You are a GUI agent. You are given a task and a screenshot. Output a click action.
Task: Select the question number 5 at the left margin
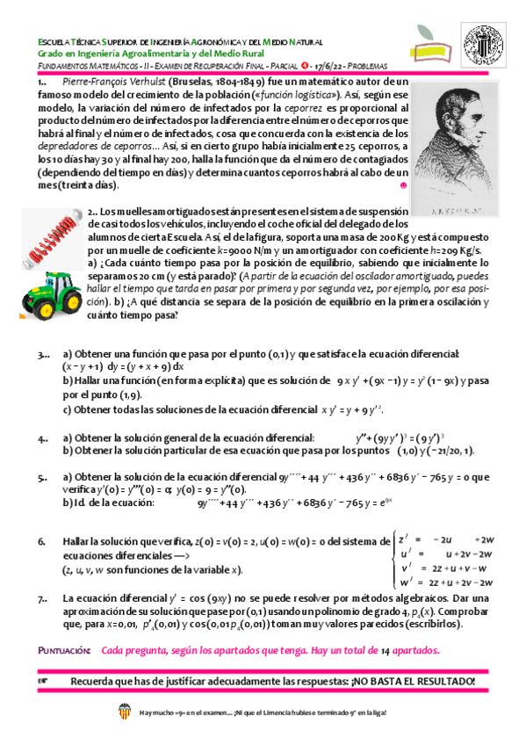tap(43, 478)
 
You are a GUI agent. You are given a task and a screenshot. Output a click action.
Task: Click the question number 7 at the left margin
tap(43, 599)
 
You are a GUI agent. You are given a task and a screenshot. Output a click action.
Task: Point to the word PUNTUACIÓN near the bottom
tap(64, 651)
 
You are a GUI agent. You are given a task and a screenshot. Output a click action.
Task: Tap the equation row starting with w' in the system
tap(448, 582)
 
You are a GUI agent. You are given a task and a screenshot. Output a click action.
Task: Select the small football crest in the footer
tap(124, 713)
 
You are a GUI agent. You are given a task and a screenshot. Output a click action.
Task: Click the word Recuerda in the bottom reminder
tap(92, 682)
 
